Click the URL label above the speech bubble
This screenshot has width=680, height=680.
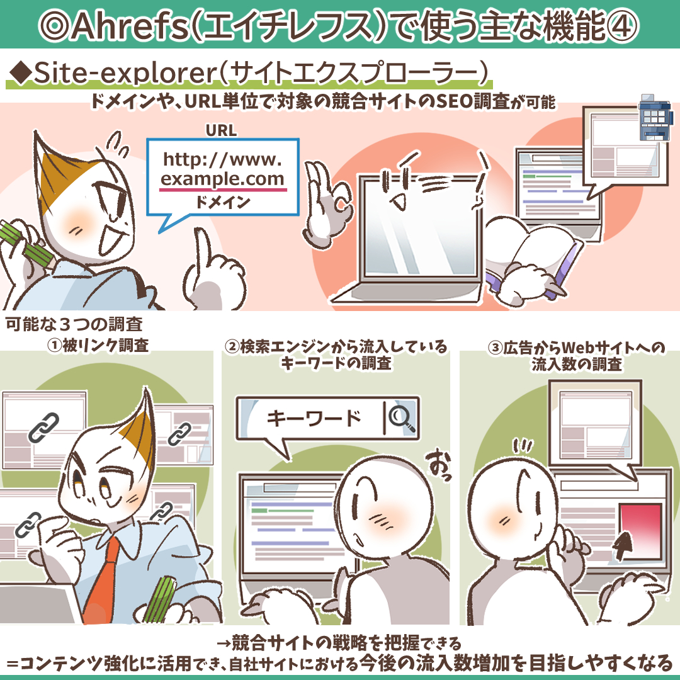click(x=221, y=131)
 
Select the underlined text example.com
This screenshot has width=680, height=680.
click(x=223, y=179)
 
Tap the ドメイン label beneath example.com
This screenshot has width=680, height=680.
click(x=222, y=203)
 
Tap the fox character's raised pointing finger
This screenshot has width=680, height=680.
click(x=203, y=252)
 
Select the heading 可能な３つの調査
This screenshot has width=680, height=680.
click(x=74, y=326)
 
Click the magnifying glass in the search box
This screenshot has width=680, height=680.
click(x=402, y=416)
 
